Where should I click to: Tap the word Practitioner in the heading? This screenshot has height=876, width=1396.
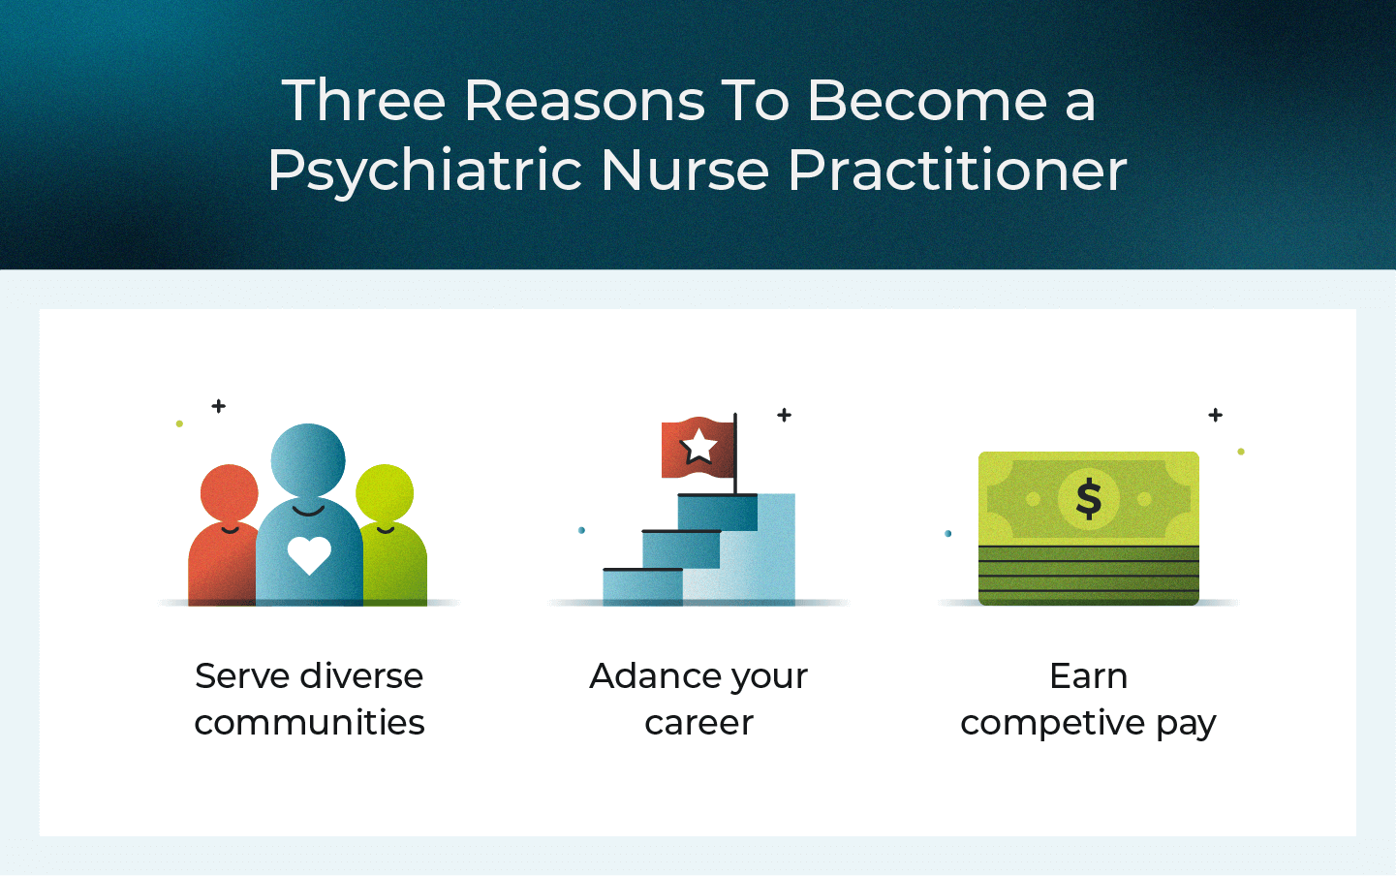pyautogui.click(x=957, y=172)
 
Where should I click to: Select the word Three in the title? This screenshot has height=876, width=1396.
pyautogui.click(x=363, y=101)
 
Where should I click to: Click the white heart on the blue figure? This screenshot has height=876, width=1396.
pyautogui.click(x=309, y=555)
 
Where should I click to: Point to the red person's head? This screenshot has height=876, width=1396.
pyautogui.click(x=230, y=493)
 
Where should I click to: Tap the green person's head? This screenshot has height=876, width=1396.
pyautogui.click(x=385, y=493)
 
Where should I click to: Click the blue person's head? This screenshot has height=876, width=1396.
pyautogui.click(x=308, y=459)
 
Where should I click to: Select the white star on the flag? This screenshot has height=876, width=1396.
pyautogui.click(x=698, y=447)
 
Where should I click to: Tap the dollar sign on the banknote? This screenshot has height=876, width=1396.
pyautogui.click(x=1089, y=499)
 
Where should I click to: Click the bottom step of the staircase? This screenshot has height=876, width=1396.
pyautogui.click(x=642, y=586)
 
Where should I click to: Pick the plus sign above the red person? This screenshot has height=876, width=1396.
pyautogui.click(x=219, y=406)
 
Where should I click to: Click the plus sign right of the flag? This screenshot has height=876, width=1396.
pyautogui.click(x=785, y=415)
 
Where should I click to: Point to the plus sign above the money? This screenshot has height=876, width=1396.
pyautogui.click(x=1216, y=415)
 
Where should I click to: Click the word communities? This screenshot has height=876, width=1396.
pyautogui.click(x=309, y=723)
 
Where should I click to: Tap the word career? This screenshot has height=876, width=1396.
pyautogui.click(x=698, y=723)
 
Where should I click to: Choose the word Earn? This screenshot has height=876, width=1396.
pyautogui.click(x=1088, y=676)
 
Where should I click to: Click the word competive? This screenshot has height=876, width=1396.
pyautogui.click(x=1052, y=724)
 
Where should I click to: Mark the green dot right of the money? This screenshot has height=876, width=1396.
pyautogui.click(x=1241, y=452)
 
